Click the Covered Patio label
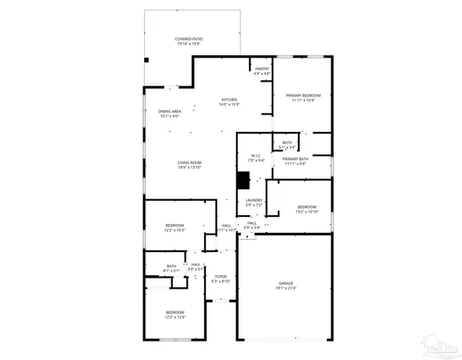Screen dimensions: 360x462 click(190, 42)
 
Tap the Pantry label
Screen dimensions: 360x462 click(262, 71)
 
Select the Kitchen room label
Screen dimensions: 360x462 click(230, 102)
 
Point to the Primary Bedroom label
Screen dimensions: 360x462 click(303, 97)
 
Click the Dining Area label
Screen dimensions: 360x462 click(169, 114)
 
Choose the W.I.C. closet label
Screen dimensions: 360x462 click(255, 158)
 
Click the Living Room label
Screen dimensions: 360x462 click(190, 166)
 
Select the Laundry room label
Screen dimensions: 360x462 click(255, 202)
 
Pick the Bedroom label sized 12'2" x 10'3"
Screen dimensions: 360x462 click(175, 227)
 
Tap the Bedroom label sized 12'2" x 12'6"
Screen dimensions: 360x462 click(175, 314)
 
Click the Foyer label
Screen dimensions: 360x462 click(220, 278)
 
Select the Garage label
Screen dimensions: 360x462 click(287, 286)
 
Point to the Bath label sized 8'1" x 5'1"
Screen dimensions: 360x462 click(171, 268)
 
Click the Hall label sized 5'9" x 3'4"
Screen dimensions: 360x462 click(251, 226)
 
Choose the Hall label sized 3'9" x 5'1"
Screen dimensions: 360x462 click(195, 266)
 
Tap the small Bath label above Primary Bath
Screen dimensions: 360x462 click(287, 145)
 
